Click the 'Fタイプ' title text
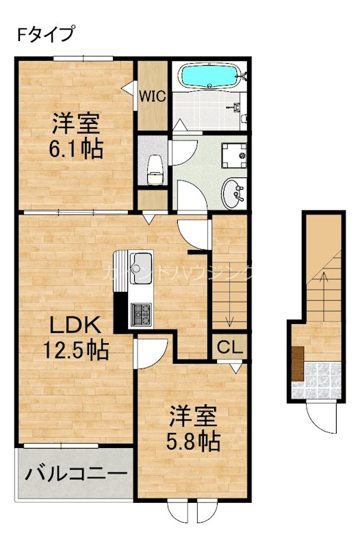coord(45,34)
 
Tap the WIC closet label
coord(152,97)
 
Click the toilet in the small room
coord(155,169)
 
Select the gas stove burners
coord(142,314)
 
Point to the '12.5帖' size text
coord(75,351)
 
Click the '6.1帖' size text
coord(76,149)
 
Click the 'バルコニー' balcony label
coord(76,473)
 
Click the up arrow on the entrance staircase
coord(325,279)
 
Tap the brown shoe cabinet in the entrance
coord(298,363)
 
